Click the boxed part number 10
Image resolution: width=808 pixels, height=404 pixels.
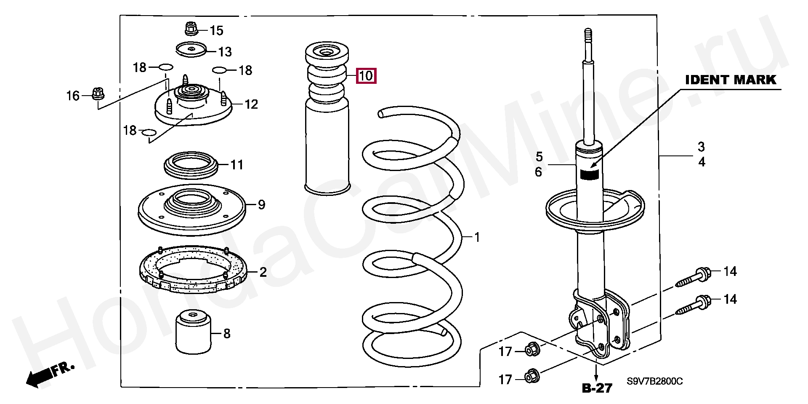[x=366, y=76]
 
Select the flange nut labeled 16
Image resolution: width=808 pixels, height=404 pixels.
[x=98, y=94]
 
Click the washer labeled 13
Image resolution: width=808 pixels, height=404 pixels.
[x=190, y=50]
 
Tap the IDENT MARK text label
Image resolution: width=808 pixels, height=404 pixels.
[x=731, y=80]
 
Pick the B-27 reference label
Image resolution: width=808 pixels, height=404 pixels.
[x=597, y=388]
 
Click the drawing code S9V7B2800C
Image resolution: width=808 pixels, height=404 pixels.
[x=654, y=382]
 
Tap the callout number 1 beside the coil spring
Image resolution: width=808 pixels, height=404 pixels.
[x=477, y=238]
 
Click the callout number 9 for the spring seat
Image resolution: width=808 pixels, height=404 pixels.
[x=261, y=205]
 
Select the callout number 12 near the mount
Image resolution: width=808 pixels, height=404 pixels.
[x=251, y=104]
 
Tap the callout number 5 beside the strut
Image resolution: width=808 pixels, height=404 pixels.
[x=539, y=157]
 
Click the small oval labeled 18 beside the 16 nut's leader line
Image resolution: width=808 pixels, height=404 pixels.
[x=166, y=67]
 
